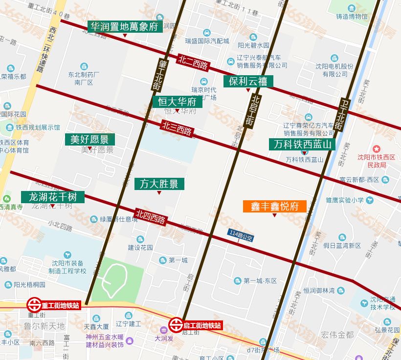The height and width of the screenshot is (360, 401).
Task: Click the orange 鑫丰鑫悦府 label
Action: [275, 206]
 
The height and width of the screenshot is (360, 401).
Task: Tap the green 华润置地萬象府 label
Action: [125, 26]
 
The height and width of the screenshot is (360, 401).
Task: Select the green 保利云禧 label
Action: [248, 81]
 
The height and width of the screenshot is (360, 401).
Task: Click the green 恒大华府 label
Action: [177, 102]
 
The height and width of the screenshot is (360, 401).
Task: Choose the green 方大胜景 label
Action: [159, 184]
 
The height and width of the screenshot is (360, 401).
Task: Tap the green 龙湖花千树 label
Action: [53, 197]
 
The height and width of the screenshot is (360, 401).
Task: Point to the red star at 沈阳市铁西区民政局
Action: [376, 148]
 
